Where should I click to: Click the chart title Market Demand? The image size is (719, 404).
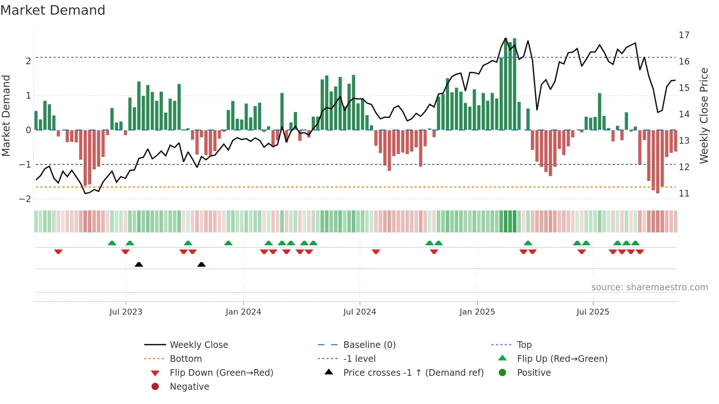pyautogui.click(x=53, y=10)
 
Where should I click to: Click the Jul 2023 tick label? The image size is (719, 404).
pyautogui.click(x=126, y=312)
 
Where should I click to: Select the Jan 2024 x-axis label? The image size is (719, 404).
pyautogui.click(x=243, y=312)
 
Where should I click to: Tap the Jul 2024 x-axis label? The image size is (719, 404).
pyautogui.click(x=359, y=312)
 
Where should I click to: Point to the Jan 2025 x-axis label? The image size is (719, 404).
pyautogui.click(x=477, y=312)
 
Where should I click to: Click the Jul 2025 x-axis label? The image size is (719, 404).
pyautogui.click(x=593, y=312)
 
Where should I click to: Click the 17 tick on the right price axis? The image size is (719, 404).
pyautogui.click(x=684, y=35)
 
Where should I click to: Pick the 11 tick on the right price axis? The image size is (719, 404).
pyautogui.click(x=684, y=194)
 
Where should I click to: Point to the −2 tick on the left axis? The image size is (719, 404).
pyautogui.click(x=25, y=199)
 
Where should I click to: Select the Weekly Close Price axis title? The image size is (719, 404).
pyautogui.click(x=704, y=115)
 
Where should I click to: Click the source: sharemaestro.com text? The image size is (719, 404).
pyautogui.click(x=649, y=287)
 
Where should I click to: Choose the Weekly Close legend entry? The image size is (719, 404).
pyautogui.click(x=198, y=345)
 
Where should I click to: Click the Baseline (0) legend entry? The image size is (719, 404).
pyautogui.click(x=369, y=345)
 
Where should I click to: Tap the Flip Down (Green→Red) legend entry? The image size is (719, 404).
pyautogui.click(x=221, y=373)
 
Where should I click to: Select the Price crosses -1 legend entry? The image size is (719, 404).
pyautogui.click(x=413, y=373)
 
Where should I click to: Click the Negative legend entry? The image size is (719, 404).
pyautogui.click(x=189, y=387)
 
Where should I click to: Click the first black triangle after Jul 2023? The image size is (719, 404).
pyautogui.click(x=139, y=264)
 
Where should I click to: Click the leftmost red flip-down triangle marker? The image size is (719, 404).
pyautogui.click(x=58, y=251)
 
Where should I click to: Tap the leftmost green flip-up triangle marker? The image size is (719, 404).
pyautogui.click(x=112, y=243)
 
